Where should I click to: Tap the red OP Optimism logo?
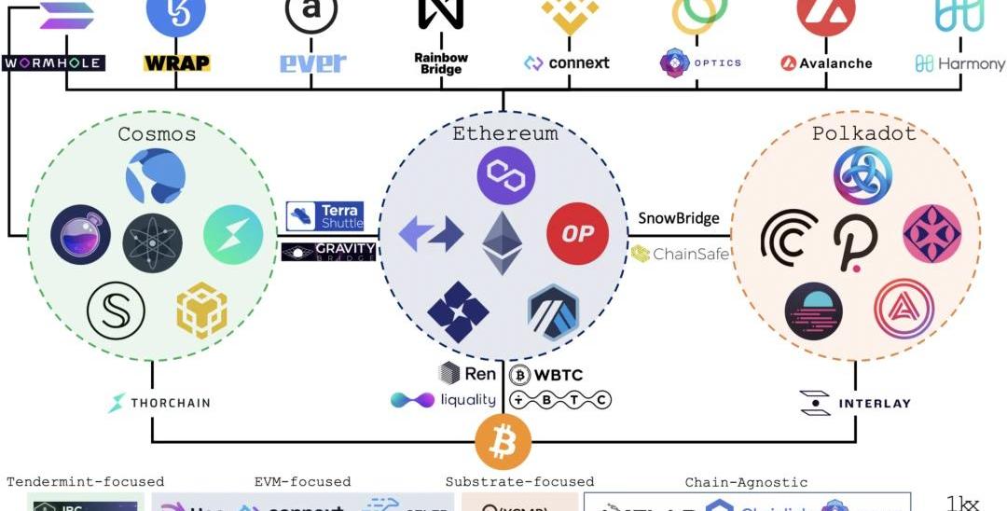point(577,233)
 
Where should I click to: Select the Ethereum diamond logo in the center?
point(503,242)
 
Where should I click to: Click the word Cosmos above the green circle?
point(157,134)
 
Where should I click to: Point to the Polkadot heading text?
point(850,133)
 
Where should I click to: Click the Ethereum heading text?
point(505,133)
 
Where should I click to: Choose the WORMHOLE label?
point(53,63)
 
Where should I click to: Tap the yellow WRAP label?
point(176,63)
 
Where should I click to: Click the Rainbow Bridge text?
point(441,63)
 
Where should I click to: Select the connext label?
point(567,63)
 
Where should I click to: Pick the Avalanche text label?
point(826,63)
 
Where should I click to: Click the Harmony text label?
point(960,63)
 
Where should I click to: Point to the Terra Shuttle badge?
point(324,216)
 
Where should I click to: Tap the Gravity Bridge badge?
point(328,252)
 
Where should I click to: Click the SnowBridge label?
point(679,218)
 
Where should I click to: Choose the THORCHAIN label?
point(159,404)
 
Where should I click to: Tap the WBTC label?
point(546,375)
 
